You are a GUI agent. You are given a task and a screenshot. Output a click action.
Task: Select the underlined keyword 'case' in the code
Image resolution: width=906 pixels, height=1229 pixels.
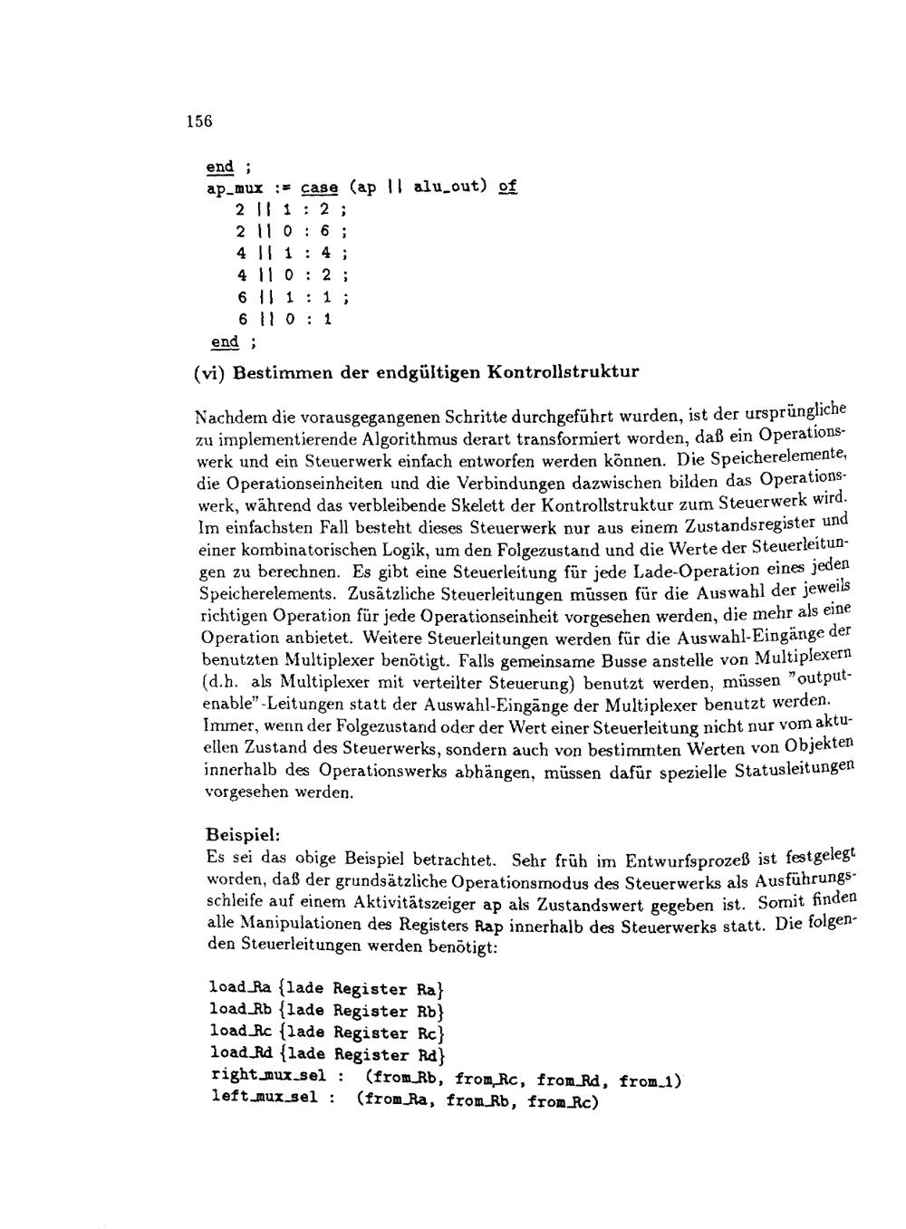point(319,188)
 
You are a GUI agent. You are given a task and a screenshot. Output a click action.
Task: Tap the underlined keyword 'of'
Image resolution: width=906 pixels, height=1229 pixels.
point(507,187)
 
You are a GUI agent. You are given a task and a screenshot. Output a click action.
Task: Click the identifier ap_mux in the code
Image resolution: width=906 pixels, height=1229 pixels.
point(235,188)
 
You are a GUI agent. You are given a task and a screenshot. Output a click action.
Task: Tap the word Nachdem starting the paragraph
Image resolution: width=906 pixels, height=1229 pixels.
point(226,418)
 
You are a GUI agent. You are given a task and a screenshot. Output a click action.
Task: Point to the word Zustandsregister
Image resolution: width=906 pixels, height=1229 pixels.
point(751,525)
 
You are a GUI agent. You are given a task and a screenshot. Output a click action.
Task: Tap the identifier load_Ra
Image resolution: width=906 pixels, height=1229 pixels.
point(240,987)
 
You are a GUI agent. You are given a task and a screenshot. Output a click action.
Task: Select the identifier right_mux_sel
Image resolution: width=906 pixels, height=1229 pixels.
point(267,1075)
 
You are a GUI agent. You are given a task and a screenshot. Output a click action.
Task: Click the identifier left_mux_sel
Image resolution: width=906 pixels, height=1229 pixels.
point(264,1097)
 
